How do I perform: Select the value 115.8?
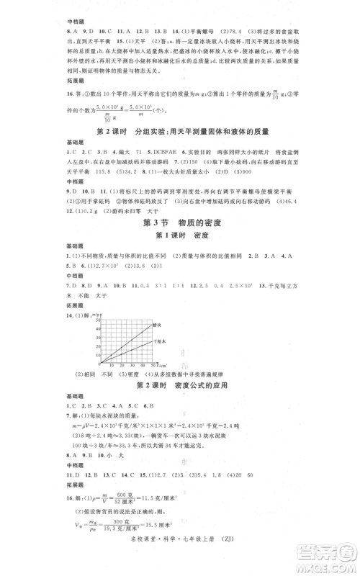pyautogui.click(x=96, y=173)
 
